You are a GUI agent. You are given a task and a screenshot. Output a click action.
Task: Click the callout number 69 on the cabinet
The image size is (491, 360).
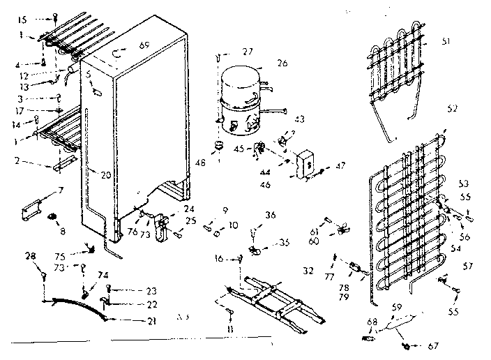[x=144, y=45]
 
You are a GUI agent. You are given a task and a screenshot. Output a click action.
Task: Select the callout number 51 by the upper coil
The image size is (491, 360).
[x=445, y=41]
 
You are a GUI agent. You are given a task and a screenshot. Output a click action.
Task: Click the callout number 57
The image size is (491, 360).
[x=468, y=265]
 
